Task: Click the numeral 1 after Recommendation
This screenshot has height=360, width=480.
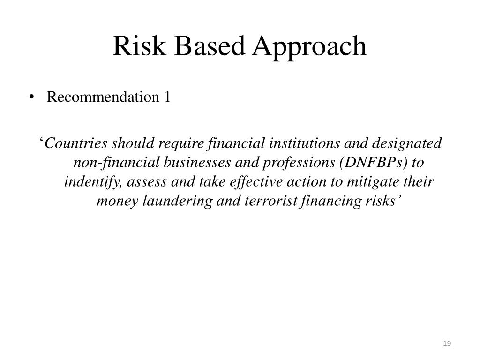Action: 166,97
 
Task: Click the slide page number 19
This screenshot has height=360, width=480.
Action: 447,345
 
